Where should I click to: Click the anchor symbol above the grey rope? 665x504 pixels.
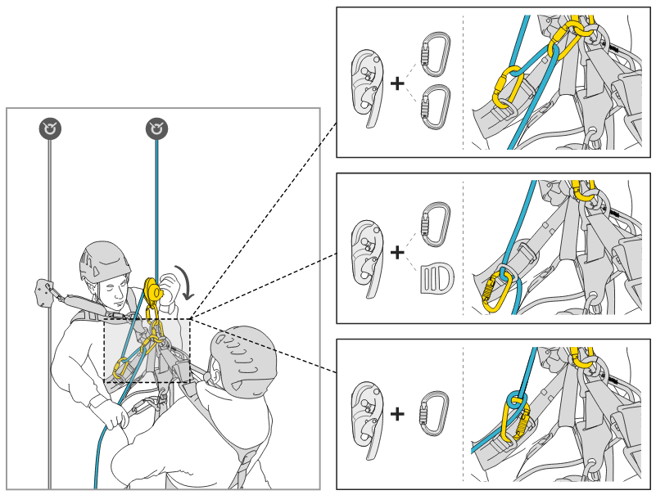pos(50,128)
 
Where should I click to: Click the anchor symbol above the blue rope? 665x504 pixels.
pos(156,128)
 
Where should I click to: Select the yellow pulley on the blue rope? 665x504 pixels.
pos(153,290)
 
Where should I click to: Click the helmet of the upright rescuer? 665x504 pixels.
pos(104,260)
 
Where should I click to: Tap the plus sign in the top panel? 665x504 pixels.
pos(397,83)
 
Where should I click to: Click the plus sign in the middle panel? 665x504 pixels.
pos(397,252)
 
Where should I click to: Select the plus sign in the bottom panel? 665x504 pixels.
pos(397,414)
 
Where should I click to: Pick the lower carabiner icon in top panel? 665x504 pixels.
pos(435,107)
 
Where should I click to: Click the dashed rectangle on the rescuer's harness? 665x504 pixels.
pos(147,350)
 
